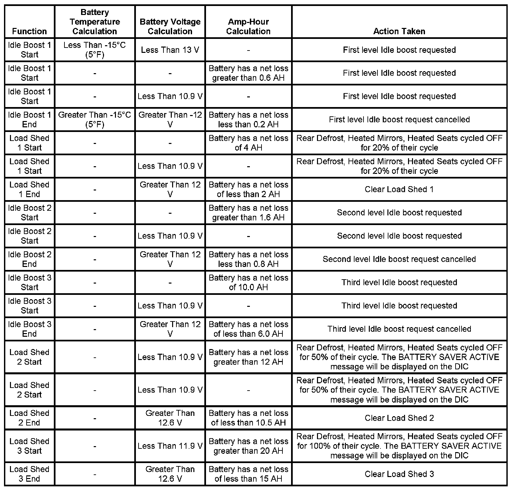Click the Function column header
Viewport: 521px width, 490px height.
[x=29, y=31]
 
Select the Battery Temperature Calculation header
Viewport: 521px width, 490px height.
[x=95, y=22]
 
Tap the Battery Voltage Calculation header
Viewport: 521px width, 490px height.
[x=170, y=27]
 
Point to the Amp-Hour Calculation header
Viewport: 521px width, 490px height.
[x=248, y=27]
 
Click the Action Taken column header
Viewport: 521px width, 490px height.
[x=399, y=31]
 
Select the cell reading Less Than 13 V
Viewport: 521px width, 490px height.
[x=170, y=50]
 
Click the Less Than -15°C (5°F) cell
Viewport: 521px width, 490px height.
[x=95, y=50]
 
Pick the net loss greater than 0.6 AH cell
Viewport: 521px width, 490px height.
[x=248, y=73]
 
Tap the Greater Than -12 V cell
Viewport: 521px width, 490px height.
[x=170, y=120]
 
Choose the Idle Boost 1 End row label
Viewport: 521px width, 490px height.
[x=29, y=120]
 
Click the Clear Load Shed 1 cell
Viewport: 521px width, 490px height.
[x=399, y=189]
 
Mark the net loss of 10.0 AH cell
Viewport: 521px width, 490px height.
[x=248, y=283]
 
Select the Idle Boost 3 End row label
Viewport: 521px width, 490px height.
[x=29, y=329]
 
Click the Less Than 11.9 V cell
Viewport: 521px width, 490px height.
[x=170, y=446]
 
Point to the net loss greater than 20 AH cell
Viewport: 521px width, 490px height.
[x=248, y=446]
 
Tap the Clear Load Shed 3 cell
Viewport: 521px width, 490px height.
[x=399, y=474]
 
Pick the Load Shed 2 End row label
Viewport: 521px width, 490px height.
[x=29, y=418]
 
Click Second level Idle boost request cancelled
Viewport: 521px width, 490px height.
[x=399, y=259]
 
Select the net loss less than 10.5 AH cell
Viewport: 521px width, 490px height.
[x=248, y=418]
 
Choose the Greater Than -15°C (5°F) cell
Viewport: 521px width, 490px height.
[x=95, y=120]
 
